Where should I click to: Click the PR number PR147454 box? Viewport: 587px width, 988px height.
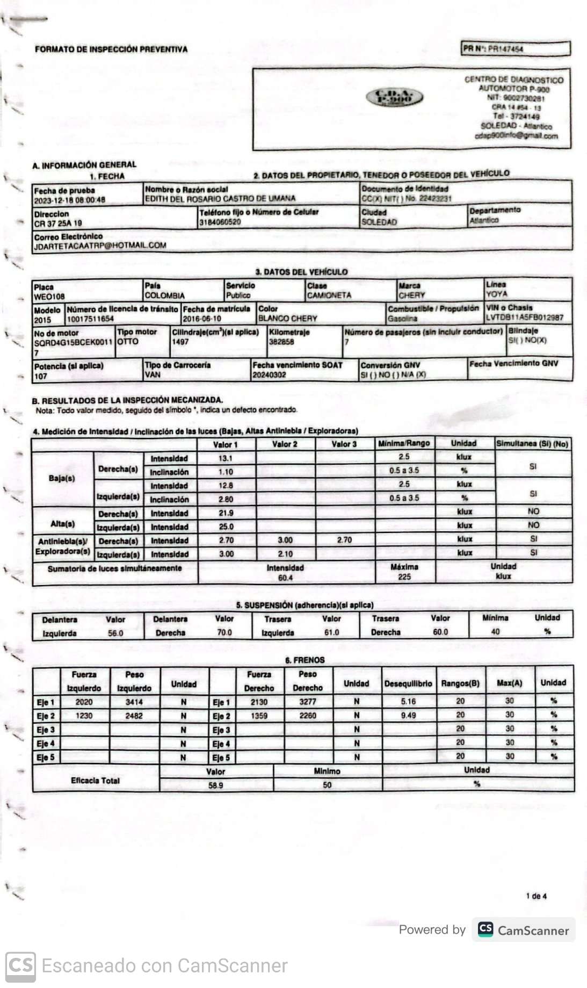pos(515,49)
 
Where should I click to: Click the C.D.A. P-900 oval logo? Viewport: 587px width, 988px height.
pos(394,97)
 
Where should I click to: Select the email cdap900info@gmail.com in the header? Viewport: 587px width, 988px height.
pos(516,136)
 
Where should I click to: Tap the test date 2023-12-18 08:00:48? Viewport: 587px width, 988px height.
pos(70,200)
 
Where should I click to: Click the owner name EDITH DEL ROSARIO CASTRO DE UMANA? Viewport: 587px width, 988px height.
pos(220,198)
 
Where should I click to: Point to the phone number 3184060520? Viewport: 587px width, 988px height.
pos(220,222)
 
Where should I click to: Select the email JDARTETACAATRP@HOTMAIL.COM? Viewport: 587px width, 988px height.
pos(100,246)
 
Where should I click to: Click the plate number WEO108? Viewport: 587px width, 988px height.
pos(49,296)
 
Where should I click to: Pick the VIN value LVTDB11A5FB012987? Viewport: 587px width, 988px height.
pos(524,318)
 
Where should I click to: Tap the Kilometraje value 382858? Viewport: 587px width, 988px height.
pos(281,342)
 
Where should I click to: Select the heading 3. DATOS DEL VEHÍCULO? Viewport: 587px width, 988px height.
pos(301,272)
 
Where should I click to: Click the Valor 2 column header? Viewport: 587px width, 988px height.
pos(285,444)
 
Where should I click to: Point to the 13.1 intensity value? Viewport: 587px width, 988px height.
pos(226,458)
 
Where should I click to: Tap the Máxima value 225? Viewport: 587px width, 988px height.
pos(404,577)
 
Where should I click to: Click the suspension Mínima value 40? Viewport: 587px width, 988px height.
pos(495,632)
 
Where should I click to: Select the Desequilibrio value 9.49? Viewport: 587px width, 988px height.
pos(408,716)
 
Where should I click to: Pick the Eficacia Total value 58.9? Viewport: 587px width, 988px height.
pos(216,785)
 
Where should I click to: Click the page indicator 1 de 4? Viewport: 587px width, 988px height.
pos(536,896)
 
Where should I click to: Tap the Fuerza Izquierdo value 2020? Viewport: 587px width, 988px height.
pos(84,702)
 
